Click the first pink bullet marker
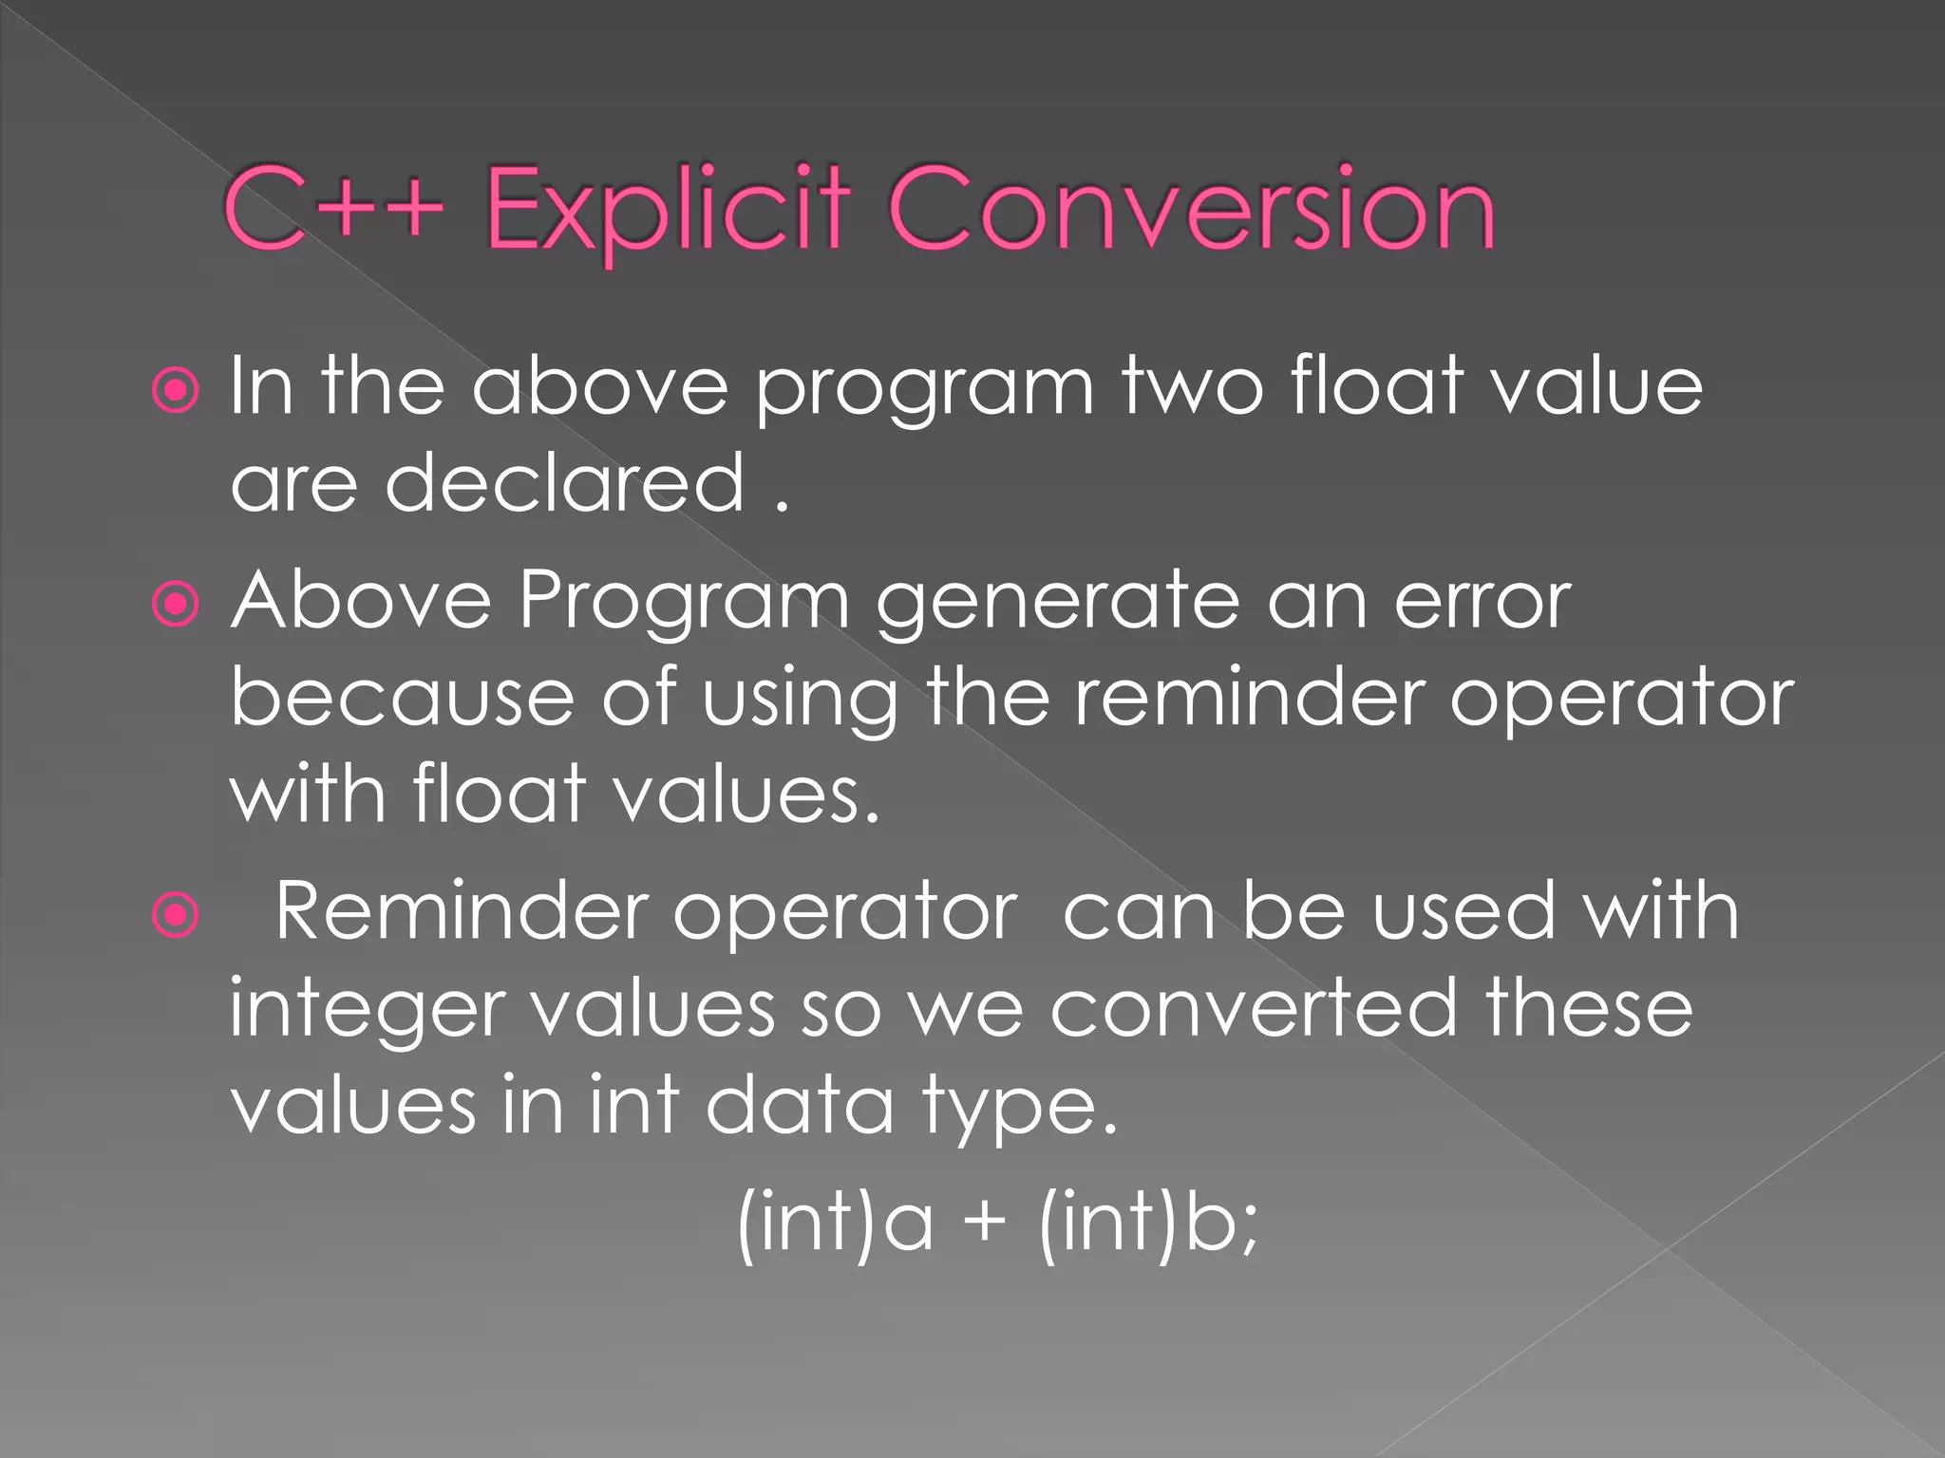176,390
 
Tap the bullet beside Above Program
176,605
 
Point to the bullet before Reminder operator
176,915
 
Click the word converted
1254,1008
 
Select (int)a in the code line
834,1224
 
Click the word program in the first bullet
925,390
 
